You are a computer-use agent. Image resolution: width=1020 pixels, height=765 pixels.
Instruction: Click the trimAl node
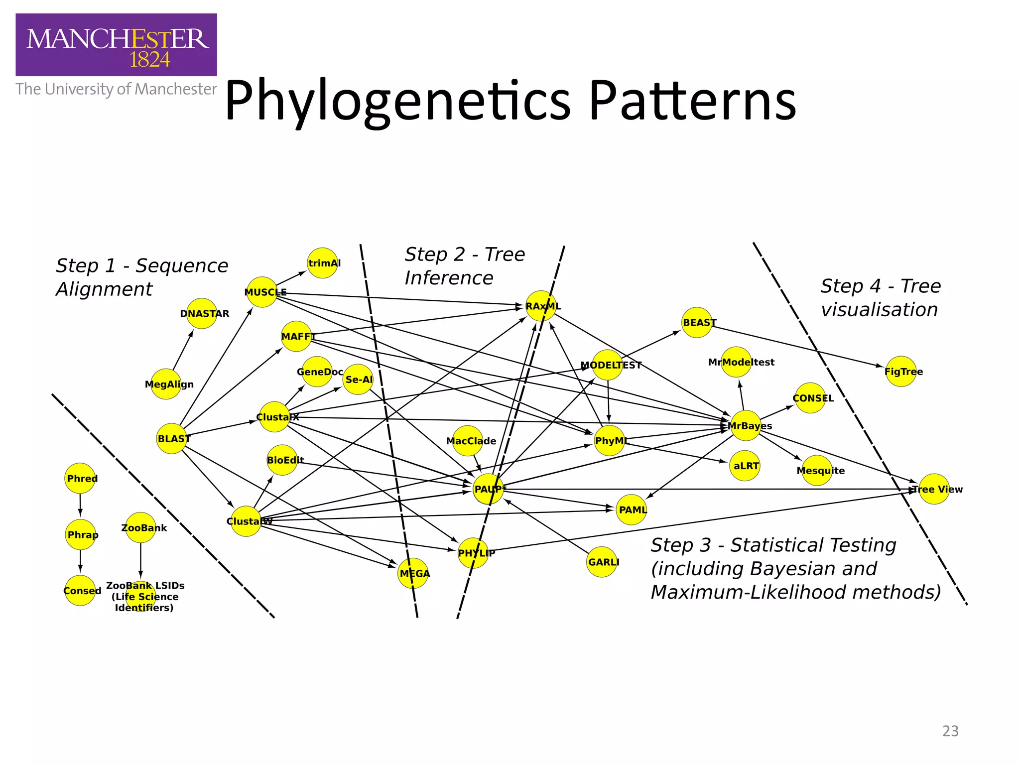[x=323, y=263]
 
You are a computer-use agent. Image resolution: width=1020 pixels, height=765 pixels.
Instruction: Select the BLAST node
[x=172, y=438]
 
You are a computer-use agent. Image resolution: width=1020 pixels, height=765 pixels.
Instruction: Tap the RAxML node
[x=541, y=306]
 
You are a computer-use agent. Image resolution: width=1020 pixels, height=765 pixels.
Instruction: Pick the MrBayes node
[x=746, y=426]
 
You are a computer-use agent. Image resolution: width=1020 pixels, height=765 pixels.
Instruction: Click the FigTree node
[x=900, y=372]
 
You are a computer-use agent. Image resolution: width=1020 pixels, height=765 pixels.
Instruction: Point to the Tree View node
[x=934, y=489]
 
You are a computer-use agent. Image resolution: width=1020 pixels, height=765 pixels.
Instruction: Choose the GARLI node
[x=602, y=562]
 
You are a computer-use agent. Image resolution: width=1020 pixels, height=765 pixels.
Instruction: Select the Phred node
[x=80, y=479]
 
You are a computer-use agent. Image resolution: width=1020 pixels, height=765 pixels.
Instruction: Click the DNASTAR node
[x=202, y=313]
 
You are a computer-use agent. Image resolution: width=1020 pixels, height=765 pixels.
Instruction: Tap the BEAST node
[x=697, y=322]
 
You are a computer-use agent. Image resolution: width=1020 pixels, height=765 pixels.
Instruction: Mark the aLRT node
[x=745, y=466]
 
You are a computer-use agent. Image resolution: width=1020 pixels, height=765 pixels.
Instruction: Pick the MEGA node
[x=413, y=573]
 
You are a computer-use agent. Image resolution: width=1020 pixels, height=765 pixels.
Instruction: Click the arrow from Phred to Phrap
[x=80, y=505]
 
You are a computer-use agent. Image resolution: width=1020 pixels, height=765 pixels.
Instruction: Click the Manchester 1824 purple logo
[x=116, y=45]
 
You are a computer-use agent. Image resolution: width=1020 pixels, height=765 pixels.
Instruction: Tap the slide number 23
[x=950, y=731]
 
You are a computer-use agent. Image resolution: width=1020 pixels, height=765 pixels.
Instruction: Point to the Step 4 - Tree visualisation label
[x=880, y=298]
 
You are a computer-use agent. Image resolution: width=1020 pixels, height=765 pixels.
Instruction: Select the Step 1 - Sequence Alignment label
[x=141, y=277]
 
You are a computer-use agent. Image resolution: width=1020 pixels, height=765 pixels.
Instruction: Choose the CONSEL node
[x=810, y=398]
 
